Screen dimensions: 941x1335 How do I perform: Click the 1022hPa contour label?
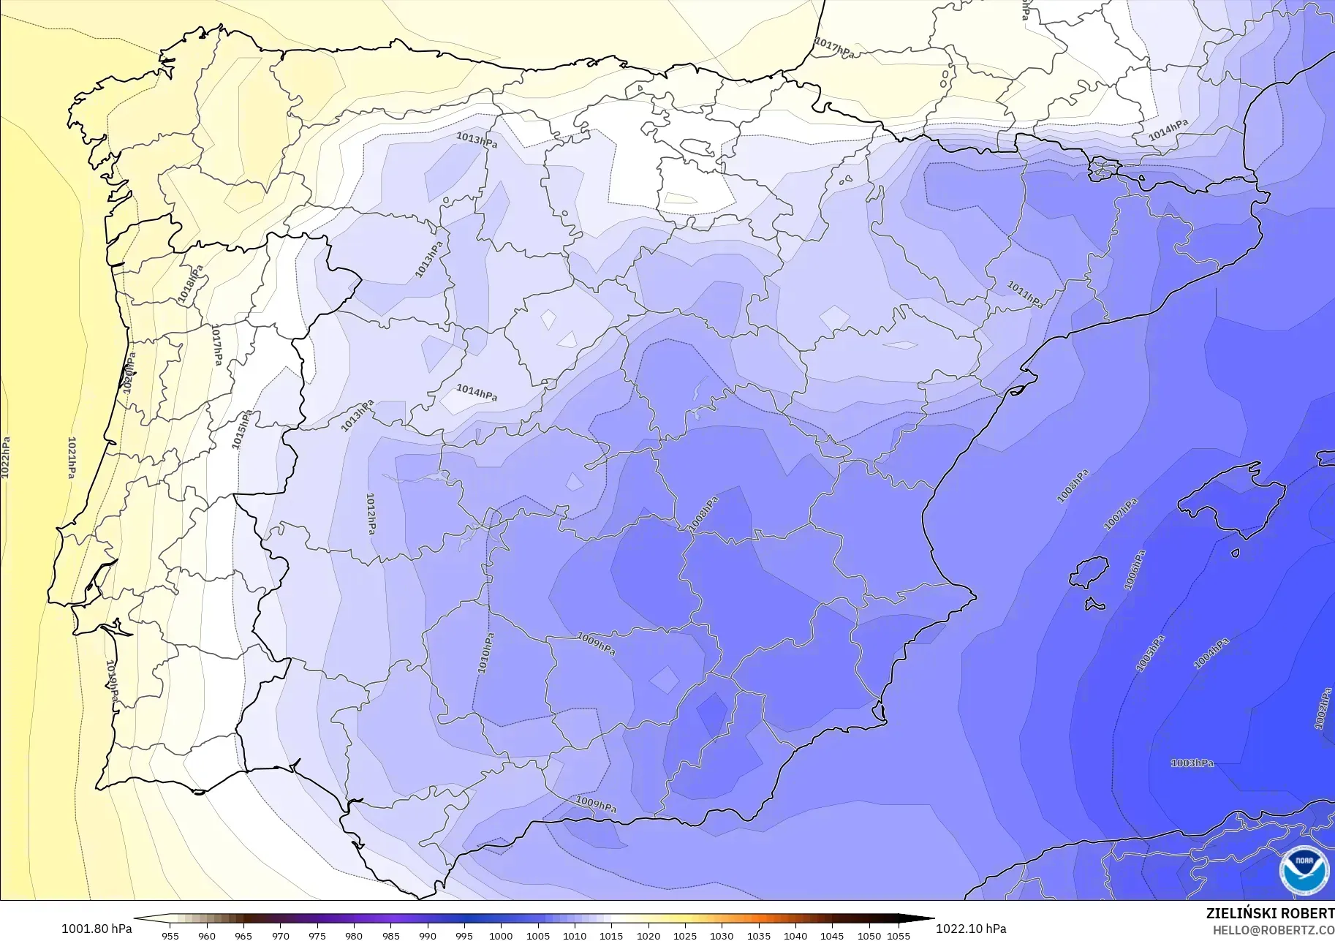[x=6, y=458]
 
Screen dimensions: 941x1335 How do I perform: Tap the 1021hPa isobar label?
[x=72, y=458]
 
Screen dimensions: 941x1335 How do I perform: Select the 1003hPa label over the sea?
[x=1192, y=763]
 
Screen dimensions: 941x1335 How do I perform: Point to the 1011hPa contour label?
[x=1025, y=295]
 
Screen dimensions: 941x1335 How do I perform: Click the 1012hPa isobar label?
[x=371, y=513]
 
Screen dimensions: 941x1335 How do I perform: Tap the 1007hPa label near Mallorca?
[x=1120, y=514]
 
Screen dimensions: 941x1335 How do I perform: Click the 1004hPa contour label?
[x=1211, y=654]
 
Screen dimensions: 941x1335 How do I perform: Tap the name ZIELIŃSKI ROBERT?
[x=1270, y=914]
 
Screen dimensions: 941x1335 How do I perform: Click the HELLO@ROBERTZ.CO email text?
[x=1273, y=930]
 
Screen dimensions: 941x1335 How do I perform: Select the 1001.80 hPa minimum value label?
[x=97, y=929]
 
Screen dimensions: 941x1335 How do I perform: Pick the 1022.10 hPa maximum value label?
[x=970, y=929]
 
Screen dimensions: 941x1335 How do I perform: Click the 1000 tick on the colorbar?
[x=500, y=935]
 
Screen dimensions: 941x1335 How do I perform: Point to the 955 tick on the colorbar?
[x=170, y=935]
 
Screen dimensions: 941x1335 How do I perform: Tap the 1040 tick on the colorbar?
[x=795, y=935]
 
